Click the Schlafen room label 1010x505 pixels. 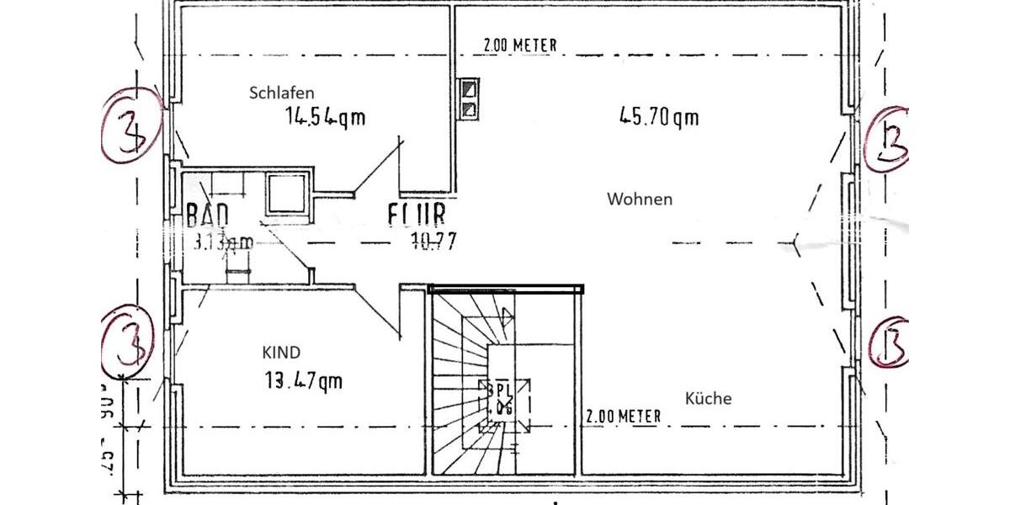(281, 93)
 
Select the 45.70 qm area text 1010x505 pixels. (659, 117)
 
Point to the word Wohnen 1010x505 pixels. (640, 199)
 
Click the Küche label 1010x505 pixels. (708, 399)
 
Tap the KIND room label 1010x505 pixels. (281, 353)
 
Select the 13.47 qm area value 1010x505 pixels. (303, 380)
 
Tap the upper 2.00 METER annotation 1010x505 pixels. (520, 45)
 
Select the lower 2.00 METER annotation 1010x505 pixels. (623, 416)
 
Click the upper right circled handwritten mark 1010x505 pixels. (885, 139)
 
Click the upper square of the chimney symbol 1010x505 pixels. (469, 88)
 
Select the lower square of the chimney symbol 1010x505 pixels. (469, 109)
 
